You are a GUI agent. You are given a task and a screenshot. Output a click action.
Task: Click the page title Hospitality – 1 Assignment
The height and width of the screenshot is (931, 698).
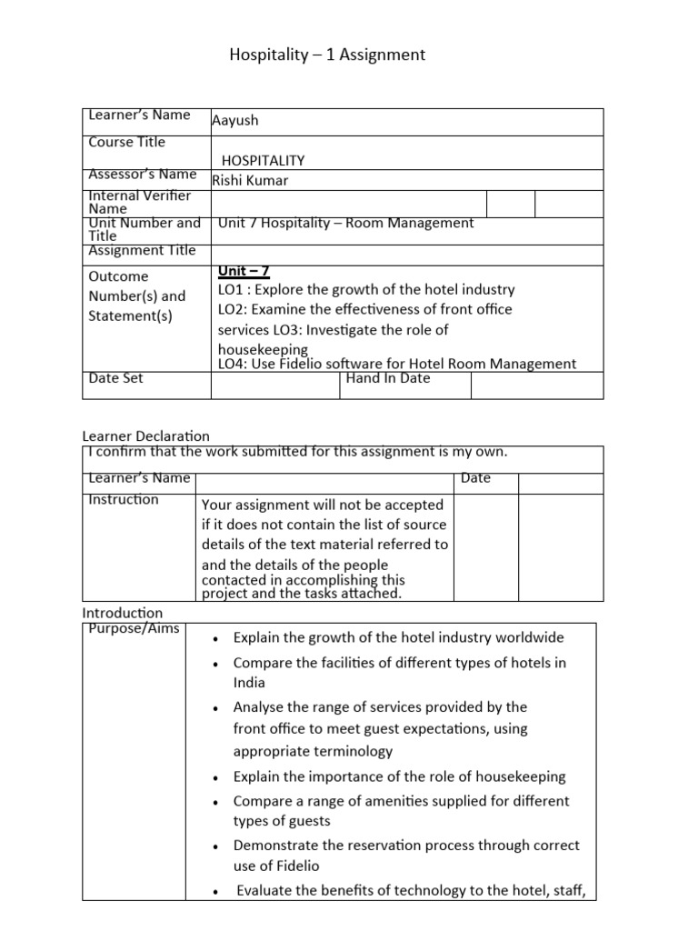(x=327, y=55)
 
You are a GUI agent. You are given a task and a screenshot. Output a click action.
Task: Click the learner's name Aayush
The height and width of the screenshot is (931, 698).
(x=235, y=121)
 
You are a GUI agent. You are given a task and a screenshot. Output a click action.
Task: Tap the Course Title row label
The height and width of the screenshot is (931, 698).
(x=126, y=143)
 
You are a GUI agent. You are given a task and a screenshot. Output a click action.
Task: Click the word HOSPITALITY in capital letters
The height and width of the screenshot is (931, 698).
(x=264, y=160)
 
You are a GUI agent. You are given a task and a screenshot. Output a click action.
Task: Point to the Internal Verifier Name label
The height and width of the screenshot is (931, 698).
(x=139, y=202)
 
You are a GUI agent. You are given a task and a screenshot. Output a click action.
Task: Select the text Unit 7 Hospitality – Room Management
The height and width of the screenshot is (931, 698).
(x=346, y=223)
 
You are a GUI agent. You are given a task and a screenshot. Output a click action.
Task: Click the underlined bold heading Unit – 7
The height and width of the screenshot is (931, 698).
(x=244, y=271)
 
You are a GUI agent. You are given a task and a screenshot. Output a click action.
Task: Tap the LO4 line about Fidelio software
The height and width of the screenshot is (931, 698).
(x=397, y=364)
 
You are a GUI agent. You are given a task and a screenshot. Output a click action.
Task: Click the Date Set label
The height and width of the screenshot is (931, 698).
(x=115, y=378)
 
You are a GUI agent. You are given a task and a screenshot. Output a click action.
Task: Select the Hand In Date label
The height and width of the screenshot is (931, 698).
(x=388, y=378)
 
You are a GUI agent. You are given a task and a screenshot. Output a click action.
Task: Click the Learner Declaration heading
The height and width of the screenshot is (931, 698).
(x=145, y=436)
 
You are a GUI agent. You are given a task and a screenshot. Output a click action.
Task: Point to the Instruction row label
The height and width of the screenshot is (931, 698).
(x=124, y=499)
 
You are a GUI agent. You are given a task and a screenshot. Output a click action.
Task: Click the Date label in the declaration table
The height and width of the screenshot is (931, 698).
(x=475, y=478)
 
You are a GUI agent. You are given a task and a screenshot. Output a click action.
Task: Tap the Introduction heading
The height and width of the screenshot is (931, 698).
(x=123, y=613)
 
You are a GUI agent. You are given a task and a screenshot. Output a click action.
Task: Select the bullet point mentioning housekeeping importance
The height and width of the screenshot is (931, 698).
(x=399, y=776)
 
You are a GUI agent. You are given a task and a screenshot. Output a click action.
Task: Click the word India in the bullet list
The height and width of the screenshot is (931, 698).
(x=249, y=683)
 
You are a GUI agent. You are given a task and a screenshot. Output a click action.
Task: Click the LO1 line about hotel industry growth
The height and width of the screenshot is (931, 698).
(x=366, y=290)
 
